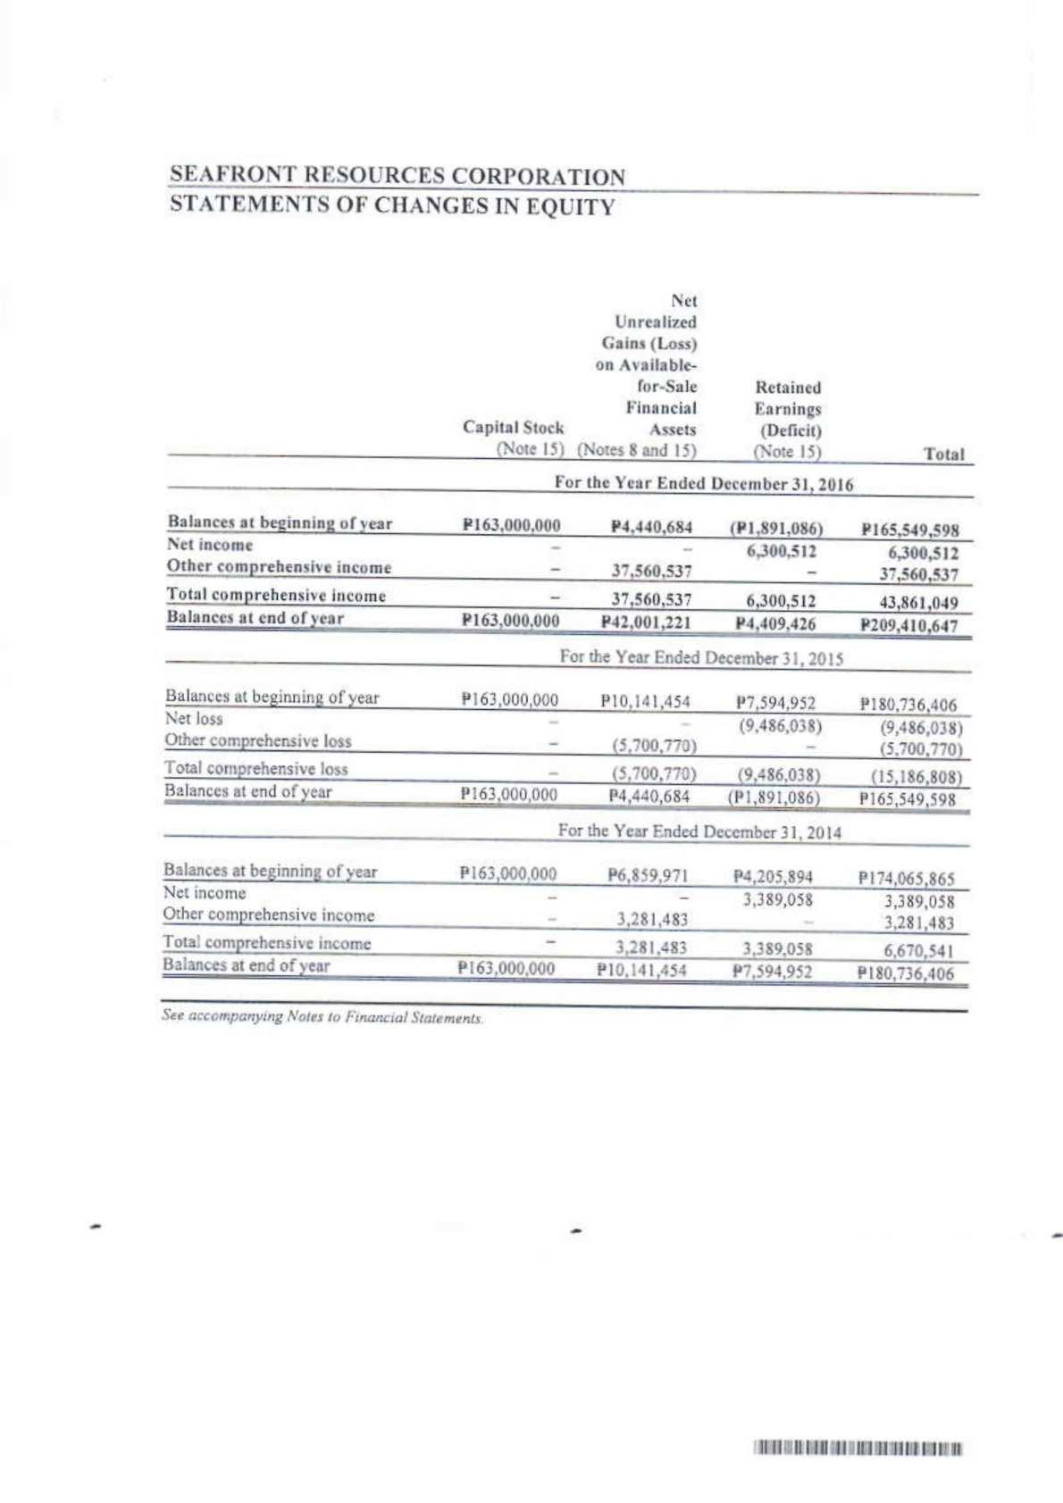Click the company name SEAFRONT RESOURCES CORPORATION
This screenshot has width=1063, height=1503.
398,176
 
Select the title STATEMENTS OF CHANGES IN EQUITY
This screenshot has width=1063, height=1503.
392,205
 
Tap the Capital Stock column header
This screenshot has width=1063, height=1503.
513,428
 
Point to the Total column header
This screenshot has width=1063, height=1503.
944,454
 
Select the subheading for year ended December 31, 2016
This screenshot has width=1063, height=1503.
703,484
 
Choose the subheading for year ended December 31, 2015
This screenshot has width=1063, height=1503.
701,657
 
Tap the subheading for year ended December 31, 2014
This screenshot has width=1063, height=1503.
699,831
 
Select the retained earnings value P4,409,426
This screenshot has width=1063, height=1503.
775,623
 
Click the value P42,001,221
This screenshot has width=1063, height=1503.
650,622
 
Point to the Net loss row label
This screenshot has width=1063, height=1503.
194,719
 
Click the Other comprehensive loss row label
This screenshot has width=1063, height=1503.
257,740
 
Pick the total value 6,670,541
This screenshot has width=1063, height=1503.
918,951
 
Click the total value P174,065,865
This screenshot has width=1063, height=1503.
906,878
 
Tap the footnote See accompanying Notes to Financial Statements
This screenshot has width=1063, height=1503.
322,1016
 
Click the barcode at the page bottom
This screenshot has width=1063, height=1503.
858,1449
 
